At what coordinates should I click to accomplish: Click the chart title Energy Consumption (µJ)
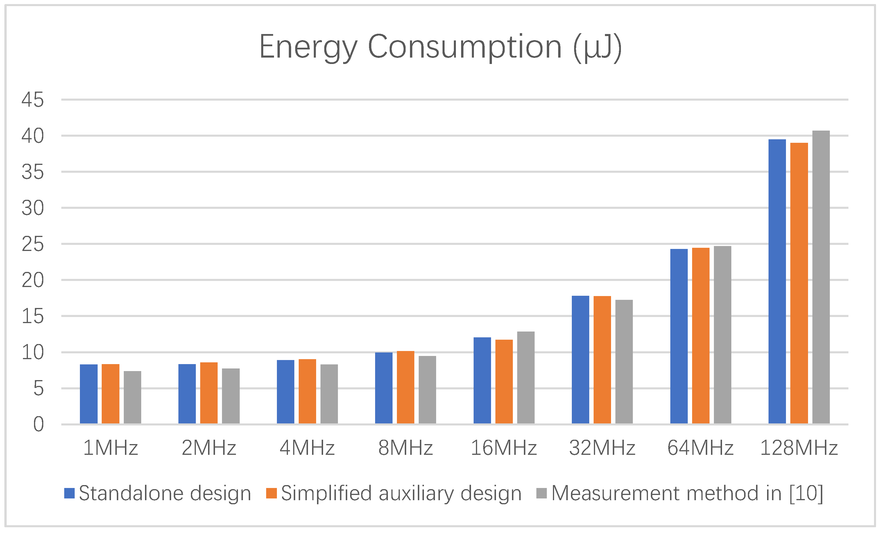click(x=440, y=47)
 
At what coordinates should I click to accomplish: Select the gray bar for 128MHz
click(x=821, y=277)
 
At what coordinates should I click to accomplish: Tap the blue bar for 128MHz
click(x=777, y=281)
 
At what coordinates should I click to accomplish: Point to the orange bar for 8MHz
click(x=405, y=387)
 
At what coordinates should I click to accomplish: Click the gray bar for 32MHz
click(x=624, y=361)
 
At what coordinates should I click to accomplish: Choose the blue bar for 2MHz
click(x=187, y=393)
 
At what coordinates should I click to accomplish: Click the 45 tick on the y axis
click(x=33, y=100)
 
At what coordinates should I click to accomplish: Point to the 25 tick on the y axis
click(x=33, y=244)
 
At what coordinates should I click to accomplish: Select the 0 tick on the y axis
click(x=38, y=424)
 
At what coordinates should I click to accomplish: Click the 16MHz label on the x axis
click(x=504, y=448)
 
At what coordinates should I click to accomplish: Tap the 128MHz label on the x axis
click(x=799, y=448)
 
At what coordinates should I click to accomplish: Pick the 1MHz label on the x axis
click(x=110, y=448)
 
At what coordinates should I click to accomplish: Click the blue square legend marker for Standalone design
click(x=69, y=493)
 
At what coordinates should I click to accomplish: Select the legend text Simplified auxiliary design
click(x=401, y=493)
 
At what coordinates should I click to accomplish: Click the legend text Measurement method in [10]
click(x=687, y=493)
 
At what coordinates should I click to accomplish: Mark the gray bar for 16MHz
click(x=526, y=377)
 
